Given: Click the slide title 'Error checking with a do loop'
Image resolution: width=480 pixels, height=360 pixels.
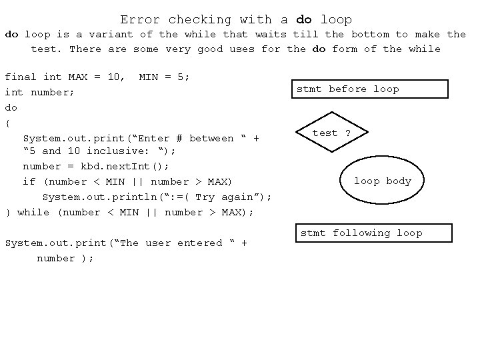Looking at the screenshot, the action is [x=236, y=19].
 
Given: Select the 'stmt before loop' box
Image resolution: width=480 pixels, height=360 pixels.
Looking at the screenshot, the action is [x=371, y=89].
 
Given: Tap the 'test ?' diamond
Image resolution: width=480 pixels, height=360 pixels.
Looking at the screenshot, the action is [x=331, y=133].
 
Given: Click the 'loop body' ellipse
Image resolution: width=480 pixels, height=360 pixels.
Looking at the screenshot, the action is [x=382, y=181].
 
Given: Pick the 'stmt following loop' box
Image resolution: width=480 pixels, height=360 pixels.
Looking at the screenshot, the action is [x=373, y=233].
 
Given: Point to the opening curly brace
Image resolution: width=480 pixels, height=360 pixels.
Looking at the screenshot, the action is [x=7, y=123].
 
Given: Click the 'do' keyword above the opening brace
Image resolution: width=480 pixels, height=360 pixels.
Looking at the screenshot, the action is [x=11, y=107].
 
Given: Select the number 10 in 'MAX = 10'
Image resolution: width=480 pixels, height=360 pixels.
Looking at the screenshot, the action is [x=114, y=77].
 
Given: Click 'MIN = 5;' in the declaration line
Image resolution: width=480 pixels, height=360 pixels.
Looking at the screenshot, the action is [x=164, y=77].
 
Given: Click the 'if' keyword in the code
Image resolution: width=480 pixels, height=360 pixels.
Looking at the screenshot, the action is [x=29, y=181].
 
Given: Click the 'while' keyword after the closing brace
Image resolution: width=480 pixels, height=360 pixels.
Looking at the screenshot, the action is [x=33, y=212].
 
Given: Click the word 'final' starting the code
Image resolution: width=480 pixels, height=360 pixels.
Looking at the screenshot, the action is [x=21, y=77].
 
